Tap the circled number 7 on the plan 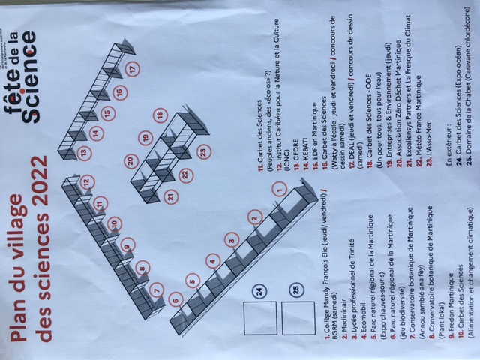point(157,289)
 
